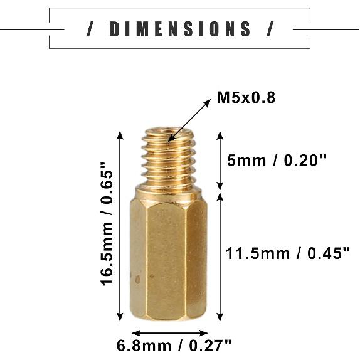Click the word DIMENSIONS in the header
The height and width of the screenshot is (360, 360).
point(180,29)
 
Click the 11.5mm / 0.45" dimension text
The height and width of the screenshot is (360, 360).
point(287,253)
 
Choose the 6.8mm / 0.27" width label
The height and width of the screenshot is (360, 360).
point(174,345)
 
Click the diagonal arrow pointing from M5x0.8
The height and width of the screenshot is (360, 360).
point(190,119)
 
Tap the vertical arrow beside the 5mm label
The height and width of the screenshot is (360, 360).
point(220,160)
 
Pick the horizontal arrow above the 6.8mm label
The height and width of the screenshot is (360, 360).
point(169,333)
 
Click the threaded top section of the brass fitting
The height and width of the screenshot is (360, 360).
point(168,157)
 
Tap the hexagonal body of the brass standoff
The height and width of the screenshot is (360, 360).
point(168,257)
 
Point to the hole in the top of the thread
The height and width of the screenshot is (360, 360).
point(168,134)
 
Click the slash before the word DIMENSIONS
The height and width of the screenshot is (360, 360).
point(91,29)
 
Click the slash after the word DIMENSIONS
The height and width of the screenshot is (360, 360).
point(270,29)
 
